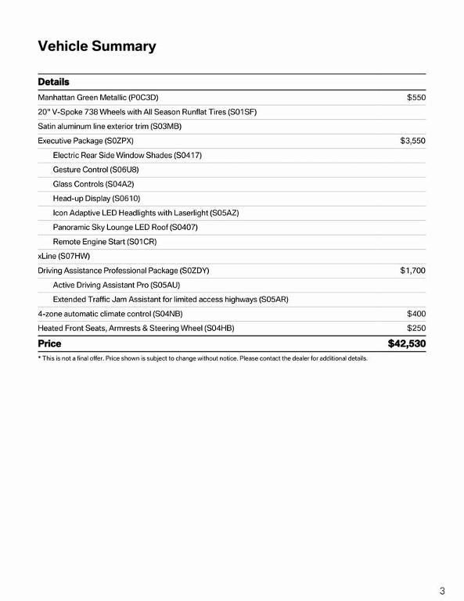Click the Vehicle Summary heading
[97, 46]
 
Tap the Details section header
[53, 82]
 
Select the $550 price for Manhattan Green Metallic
[415, 98]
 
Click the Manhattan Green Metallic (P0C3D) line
[98, 98]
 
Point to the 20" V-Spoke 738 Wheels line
[147, 112]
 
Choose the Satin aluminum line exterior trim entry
[110, 126]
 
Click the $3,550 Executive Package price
[412, 141]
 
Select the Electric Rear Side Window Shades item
[127, 155]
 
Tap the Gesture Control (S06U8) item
[95, 169]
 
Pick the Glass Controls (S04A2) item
[93, 184]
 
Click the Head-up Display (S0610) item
[96, 198]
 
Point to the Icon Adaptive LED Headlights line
[146, 213]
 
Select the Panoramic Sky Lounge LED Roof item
[125, 227]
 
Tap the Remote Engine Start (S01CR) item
[105, 242]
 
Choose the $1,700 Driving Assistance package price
[412, 270]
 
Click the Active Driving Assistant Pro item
[117, 285]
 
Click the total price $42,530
[406, 344]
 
